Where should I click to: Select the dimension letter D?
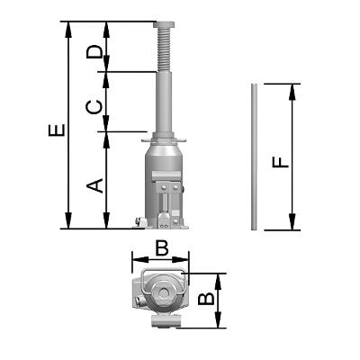tap(94, 52)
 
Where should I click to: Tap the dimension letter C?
tap(94, 107)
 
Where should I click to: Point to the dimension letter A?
tap(94, 186)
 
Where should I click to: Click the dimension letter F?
tap(281, 162)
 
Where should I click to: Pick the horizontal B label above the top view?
tap(162, 248)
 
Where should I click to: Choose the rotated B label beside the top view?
tap(207, 299)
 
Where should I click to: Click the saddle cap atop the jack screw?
tap(165, 24)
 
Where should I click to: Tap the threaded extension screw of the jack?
tap(165, 50)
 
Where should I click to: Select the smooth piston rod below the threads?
tap(165, 102)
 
